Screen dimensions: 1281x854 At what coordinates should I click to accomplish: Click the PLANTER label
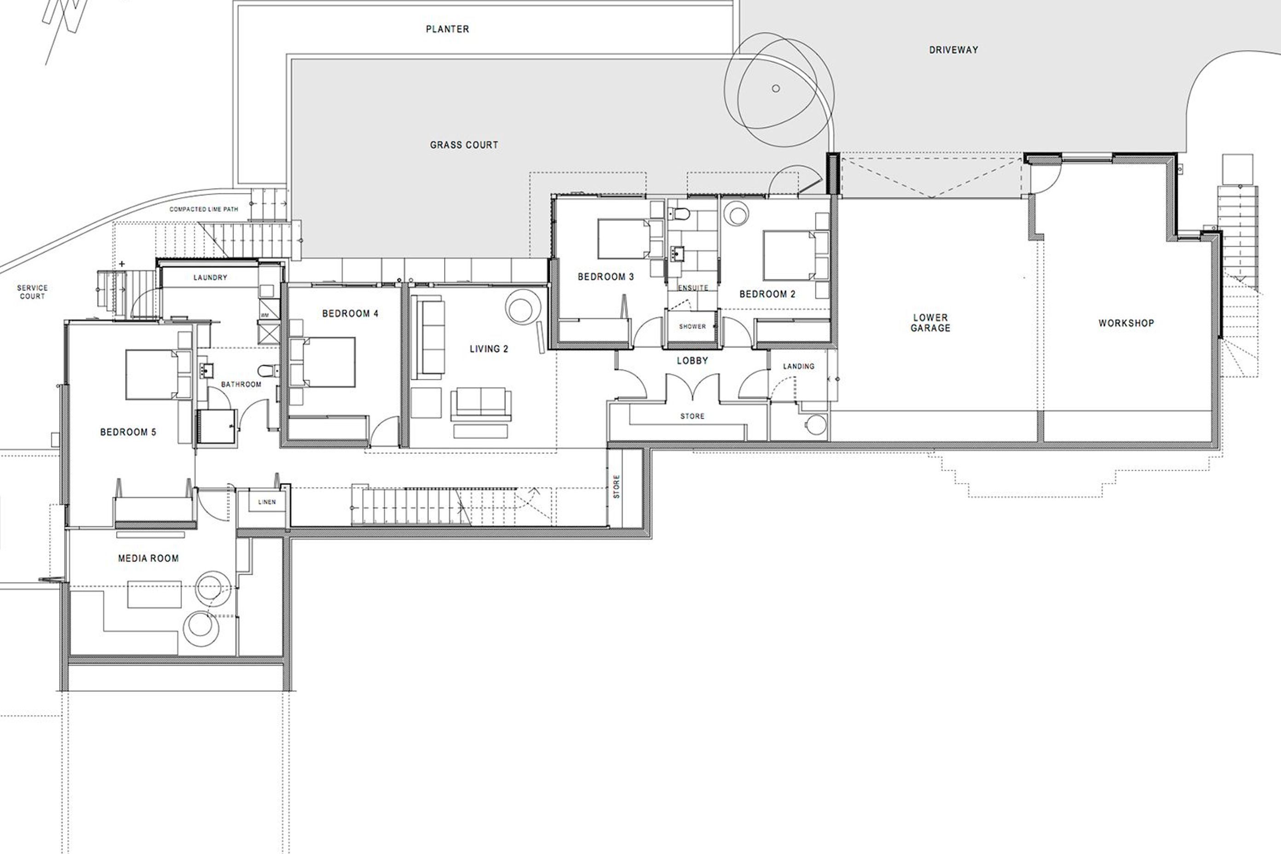coord(447,29)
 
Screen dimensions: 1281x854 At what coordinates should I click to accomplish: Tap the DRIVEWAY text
coord(954,50)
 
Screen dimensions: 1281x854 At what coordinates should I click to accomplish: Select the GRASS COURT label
coord(464,145)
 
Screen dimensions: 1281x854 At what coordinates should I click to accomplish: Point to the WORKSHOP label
coord(1126,323)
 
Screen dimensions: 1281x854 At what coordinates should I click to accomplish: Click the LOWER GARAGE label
coord(930,323)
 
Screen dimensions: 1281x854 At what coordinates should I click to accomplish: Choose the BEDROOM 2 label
coord(767,294)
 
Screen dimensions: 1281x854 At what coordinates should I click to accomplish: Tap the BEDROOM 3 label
coord(606,277)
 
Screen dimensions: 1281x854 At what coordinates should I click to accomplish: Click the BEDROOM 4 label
coord(350,314)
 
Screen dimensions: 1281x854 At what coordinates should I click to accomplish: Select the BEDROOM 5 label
coord(128,433)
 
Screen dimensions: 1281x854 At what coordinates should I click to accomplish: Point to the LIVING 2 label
coord(489,349)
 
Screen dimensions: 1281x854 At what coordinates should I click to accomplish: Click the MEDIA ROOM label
coord(148,558)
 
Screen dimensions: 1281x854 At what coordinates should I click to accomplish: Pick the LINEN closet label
coord(267,502)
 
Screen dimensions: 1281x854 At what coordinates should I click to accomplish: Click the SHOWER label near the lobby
coord(692,327)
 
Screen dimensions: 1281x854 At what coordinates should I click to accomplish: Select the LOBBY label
coord(692,361)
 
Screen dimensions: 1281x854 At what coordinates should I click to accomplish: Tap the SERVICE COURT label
coord(32,292)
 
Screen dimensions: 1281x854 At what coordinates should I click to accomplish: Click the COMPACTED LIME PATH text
coord(204,209)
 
